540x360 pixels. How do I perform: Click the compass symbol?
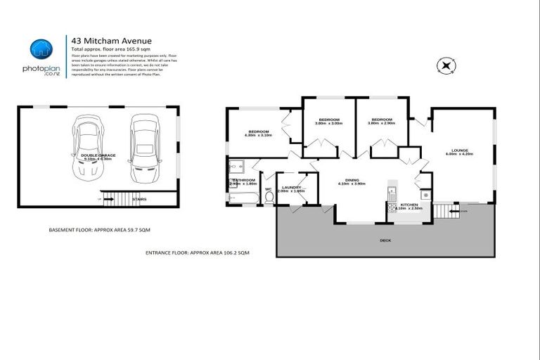[x=446, y=67]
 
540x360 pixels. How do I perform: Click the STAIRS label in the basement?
[x=139, y=200]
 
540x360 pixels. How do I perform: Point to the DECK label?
[x=385, y=240]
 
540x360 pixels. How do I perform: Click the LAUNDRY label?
[x=291, y=186]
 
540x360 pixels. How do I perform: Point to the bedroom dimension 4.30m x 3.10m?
[x=258, y=136]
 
